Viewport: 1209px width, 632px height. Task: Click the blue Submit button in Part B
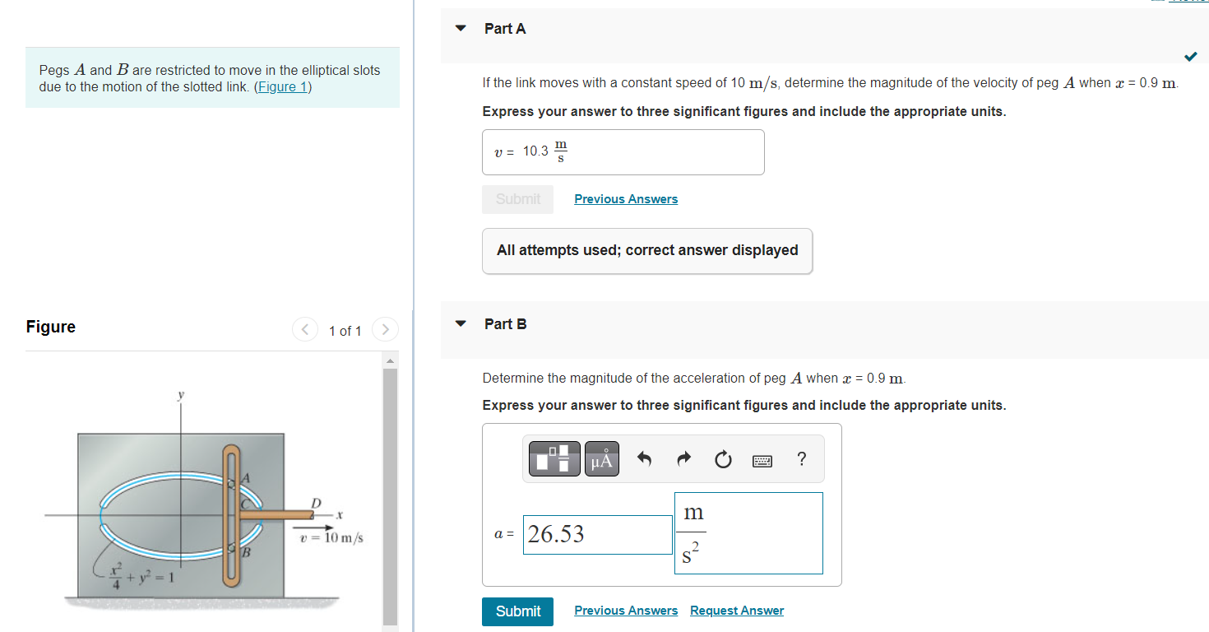(x=517, y=611)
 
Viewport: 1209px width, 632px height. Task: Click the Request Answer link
(x=736, y=611)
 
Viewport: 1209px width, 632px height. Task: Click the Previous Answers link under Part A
(x=626, y=199)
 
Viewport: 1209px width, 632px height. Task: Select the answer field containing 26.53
(x=597, y=535)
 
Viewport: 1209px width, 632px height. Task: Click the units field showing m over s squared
(x=748, y=533)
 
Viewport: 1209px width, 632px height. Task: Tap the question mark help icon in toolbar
(x=801, y=459)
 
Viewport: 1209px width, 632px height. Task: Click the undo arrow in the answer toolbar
(x=645, y=459)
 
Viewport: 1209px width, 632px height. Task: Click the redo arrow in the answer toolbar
(x=683, y=459)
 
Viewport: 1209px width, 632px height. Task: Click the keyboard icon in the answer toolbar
(x=762, y=460)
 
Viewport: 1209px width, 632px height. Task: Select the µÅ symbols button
(x=602, y=459)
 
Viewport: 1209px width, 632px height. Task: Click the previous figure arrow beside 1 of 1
(x=305, y=330)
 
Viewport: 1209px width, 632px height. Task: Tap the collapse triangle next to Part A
(x=461, y=29)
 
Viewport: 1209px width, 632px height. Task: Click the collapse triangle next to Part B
(x=461, y=323)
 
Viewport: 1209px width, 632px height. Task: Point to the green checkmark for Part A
(x=1190, y=57)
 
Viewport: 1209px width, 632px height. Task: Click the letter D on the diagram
(x=316, y=502)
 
